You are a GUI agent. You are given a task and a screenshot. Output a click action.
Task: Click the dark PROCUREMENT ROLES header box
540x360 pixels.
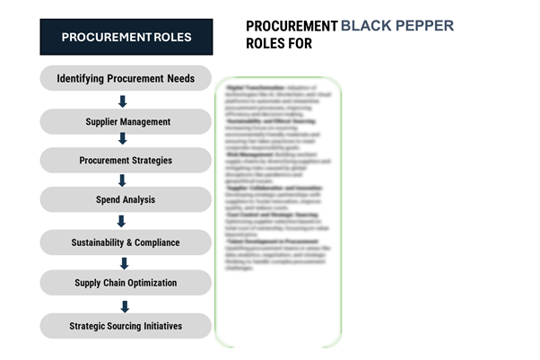tap(126, 37)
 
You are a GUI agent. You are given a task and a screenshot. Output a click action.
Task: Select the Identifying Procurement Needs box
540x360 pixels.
tap(126, 78)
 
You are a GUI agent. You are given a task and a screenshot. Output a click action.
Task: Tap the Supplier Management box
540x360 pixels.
tap(126, 121)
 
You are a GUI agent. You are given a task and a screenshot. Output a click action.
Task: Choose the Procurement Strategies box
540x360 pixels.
tap(126, 161)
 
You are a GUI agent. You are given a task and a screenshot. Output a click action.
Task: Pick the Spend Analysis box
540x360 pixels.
tap(126, 200)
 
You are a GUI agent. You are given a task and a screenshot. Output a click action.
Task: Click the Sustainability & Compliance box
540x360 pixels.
tap(126, 242)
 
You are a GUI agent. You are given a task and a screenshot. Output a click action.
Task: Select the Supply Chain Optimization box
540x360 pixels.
tap(126, 284)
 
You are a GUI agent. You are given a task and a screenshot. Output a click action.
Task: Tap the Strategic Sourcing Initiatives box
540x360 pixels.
tap(126, 326)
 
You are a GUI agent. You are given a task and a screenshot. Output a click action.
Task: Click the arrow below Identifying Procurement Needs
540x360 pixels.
tap(124, 101)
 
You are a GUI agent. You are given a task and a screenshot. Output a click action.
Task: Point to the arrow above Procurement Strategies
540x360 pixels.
tap(124, 141)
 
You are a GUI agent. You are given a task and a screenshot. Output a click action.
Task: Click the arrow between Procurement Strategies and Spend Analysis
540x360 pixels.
tap(124, 180)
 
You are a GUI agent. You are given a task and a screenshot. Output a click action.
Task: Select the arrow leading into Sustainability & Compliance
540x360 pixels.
tap(124, 222)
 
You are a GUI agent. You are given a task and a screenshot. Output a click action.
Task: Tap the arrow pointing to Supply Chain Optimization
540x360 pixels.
tap(124, 263)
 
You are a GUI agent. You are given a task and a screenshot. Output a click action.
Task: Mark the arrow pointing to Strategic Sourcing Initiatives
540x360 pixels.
tap(124, 305)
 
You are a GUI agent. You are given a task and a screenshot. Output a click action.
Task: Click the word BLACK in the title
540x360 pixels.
tap(366, 26)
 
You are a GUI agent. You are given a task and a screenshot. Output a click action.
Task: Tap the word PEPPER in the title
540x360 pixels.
tap(423, 26)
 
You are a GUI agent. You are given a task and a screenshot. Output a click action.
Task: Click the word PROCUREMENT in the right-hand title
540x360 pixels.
tap(292, 26)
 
